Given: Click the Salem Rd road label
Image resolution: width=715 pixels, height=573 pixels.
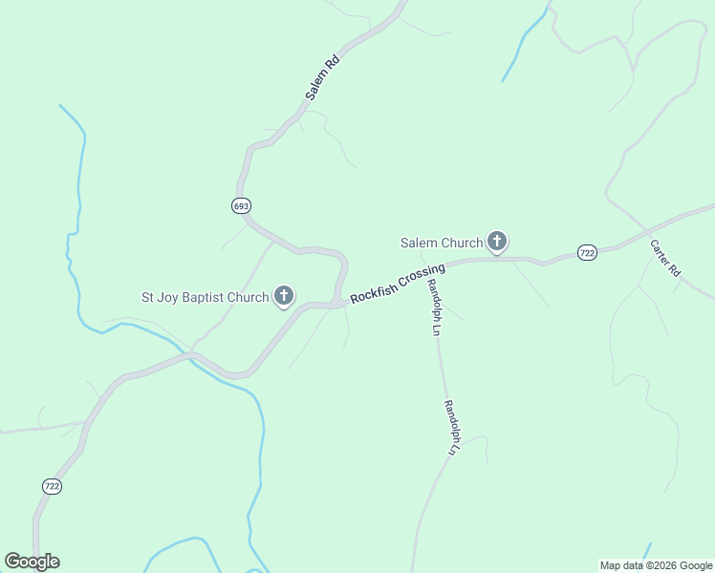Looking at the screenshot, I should [323, 78].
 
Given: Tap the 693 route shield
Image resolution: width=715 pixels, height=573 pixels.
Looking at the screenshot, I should [241, 205].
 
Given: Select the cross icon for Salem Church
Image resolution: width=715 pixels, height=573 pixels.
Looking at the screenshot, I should [497, 242].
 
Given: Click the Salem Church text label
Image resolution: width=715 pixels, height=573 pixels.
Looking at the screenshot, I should [441, 243].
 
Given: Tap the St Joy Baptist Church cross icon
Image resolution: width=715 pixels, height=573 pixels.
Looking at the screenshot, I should [284, 297].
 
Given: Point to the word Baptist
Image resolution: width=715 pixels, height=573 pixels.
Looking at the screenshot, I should [203, 298].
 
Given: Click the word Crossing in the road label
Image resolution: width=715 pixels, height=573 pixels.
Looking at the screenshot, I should [422, 275].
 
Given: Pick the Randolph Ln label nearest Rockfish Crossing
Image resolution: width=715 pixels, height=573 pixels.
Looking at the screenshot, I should [433, 308].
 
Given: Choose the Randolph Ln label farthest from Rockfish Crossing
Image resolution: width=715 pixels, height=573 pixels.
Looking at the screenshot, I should [452, 426].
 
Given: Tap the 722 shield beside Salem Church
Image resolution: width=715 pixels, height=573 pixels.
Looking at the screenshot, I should [587, 252].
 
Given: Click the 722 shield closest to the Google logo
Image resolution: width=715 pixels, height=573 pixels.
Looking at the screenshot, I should [53, 486].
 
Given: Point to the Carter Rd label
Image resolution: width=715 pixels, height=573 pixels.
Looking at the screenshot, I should [664, 257].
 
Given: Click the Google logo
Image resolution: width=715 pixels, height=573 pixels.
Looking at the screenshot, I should [32, 562].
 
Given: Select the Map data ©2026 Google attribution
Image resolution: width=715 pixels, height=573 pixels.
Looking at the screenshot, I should [656, 565].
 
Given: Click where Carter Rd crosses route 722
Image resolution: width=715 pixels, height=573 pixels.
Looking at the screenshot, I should [647, 232].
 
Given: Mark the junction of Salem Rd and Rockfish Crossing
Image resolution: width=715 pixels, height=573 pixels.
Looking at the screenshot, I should [336, 304].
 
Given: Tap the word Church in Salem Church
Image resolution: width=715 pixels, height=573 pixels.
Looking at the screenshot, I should [462, 243].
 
